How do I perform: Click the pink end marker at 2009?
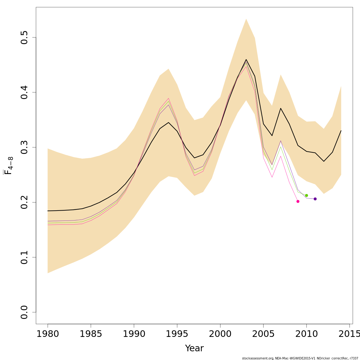point(298,201)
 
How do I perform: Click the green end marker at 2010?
point(306,195)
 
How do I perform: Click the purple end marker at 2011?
point(315,199)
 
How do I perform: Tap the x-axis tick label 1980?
point(48,334)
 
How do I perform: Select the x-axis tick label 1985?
point(91,334)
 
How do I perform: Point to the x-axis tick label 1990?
point(134,334)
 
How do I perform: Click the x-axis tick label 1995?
point(177,334)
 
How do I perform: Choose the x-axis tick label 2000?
point(220,334)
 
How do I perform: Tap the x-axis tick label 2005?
point(263,334)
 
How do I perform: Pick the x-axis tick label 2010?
point(307,334)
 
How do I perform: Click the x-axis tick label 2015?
point(349,334)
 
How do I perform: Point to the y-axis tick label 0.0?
point(24,312)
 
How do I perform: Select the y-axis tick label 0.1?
point(24,257)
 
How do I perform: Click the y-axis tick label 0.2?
point(24,202)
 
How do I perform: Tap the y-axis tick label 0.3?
point(24,147)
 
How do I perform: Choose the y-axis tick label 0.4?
point(24,92)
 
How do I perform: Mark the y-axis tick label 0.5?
point(24,37)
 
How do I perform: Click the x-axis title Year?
point(194,348)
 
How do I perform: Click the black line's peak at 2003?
point(246,59)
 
